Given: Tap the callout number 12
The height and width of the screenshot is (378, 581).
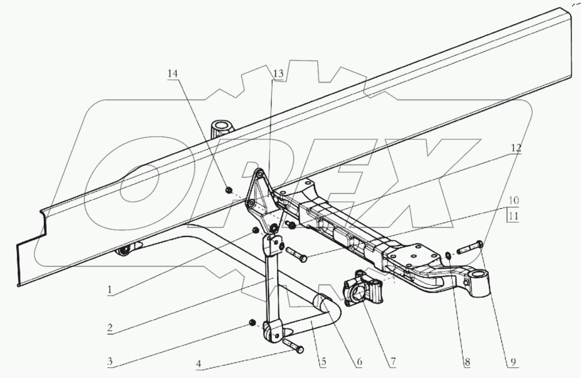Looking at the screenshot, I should coord(515,148).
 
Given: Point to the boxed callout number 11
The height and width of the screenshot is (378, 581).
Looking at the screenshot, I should coord(514,217).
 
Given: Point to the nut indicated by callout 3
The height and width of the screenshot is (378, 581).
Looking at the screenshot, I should coord(252,322).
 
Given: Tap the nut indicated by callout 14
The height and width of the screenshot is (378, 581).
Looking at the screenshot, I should coord(229,189).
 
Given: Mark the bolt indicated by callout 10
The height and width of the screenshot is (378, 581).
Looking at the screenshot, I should coord(296,255).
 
